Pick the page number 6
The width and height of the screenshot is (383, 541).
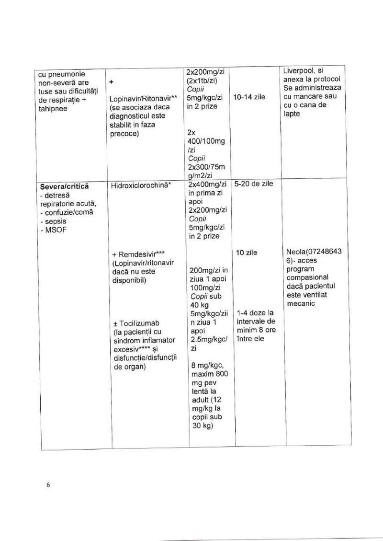coord(48,484)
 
